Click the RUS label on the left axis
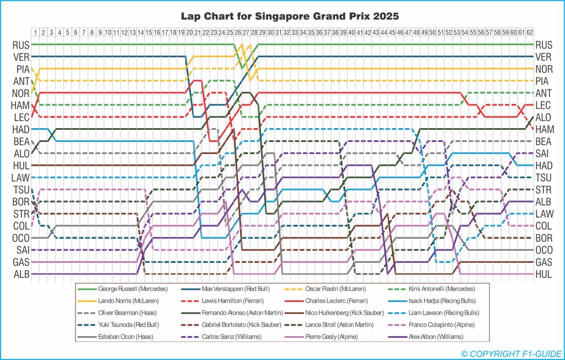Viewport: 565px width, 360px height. [x=20, y=45]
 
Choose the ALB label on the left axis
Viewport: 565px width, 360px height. [x=20, y=274]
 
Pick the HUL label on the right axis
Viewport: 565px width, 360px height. [x=543, y=274]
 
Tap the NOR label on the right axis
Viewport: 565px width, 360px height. [x=543, y=69]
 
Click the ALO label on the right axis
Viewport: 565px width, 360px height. [x=543, y=117]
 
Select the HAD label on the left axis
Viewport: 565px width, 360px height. [x=20, y=129]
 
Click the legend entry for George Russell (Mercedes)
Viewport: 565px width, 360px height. [x=126, y=289]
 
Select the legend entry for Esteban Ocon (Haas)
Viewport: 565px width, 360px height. [x=120, y=335]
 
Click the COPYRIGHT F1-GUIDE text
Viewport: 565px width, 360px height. [x=510, y=352]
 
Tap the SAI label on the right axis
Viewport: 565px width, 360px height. [x=543, y=153]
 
